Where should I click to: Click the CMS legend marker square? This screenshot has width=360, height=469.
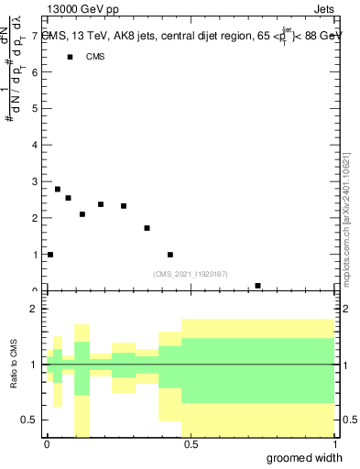tap(71, 57)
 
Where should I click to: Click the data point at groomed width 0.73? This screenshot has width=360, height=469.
tap(257, 286)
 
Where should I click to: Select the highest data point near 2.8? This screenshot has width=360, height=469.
tap(58, 189)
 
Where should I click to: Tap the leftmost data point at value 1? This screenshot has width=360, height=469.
tap(50, 255)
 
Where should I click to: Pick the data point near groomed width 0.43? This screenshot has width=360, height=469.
tap(170, 255)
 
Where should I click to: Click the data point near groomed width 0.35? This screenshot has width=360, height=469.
tap(147, 228)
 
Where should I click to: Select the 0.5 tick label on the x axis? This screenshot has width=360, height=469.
tap(190, 444)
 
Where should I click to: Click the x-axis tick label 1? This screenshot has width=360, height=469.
tap(333, 444)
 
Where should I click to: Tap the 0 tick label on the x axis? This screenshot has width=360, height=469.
tap(47, 444)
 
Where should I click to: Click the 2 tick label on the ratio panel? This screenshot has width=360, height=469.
tap(35, 310)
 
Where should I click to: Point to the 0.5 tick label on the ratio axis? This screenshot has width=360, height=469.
tap(31, 420)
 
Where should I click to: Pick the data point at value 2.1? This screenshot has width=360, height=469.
tap(82, 214)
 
